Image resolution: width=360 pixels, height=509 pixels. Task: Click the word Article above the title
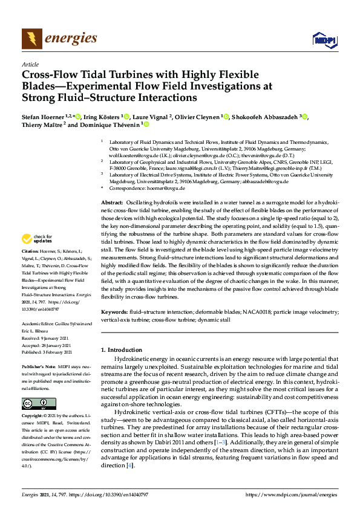[30, 63]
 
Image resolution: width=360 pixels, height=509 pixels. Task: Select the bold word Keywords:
[115, 311]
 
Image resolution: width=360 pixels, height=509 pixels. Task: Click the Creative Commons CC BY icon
[31, 403]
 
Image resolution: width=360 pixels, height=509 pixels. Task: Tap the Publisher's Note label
[38, 366]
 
